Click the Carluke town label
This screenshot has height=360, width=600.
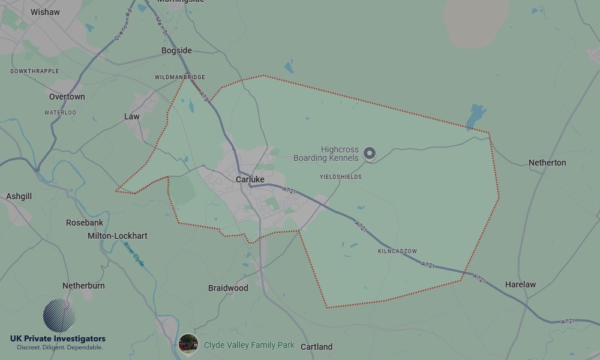pyautogui.click(x=250, y=179)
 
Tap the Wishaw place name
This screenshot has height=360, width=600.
pyautogui.click(x=45, y=12)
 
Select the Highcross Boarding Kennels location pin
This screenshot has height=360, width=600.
pyautogui.click(x=370, y=154)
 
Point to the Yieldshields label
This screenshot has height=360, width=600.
pyautogui.click(x=341, y=177)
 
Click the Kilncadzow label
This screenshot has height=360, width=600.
pyautogui.click(x=397, y=251)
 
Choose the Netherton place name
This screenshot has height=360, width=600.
pyautogui.click(x=547, y=163)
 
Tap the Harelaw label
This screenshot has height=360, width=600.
pyautogui.click(x=520, y=284)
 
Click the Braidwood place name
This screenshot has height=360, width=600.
pyautogui.click(x=228, y=288)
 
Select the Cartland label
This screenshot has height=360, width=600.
pyautogui.click(x=316, y=347)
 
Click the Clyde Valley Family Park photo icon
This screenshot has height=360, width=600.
pyautogui.click(x=188, y=344)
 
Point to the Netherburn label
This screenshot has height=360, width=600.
pyautogui.click(x=83, y=286)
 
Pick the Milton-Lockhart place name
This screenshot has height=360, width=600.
pyautogui.click(x=118, y=236)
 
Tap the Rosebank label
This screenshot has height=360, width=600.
pyautogui.click(x=85, y=223)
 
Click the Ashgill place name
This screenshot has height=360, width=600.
pyautogui.click(x=19, y=196)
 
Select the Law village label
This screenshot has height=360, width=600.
pyautogui.click(x=132, y=116)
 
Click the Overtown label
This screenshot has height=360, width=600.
pyautogui.click(x=67, y=97)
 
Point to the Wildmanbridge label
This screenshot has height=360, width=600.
pyautogui.click(x=179, y=77)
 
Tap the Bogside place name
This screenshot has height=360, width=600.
pyautogui.click(x=176, y=50)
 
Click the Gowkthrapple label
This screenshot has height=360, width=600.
pyautogui.click(x=35, y=71)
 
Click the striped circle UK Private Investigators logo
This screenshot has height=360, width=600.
pyautogui.click(x=59, y=316)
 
